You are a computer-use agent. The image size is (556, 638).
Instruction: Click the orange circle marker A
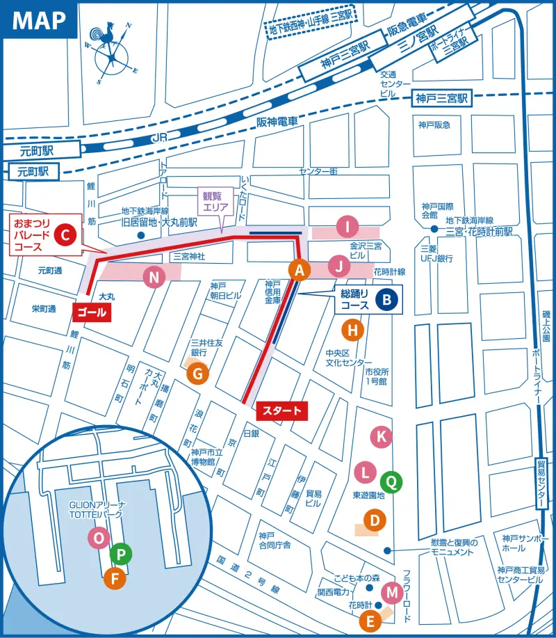coord(299,270)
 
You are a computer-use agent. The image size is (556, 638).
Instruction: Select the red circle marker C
coord(64,236)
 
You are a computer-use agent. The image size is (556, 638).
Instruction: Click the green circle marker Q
coord(391,479)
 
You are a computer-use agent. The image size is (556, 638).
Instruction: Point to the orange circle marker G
coord(197,374)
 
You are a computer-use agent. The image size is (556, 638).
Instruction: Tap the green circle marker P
coord(121,554)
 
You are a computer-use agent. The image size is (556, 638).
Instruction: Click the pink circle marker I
coord(347,226)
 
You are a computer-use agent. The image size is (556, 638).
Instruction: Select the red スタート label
coord(281,411)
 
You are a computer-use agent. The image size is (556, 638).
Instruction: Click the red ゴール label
coord(91,313)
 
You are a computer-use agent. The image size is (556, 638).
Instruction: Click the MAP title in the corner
coord(39,20)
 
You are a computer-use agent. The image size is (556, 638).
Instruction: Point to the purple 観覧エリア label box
coord(217,201)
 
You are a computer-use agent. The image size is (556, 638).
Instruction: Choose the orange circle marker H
coord(353,330)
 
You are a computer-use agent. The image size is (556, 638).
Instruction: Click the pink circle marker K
coord(381,437)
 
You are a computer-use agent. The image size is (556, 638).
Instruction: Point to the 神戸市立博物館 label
coord(206,456)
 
